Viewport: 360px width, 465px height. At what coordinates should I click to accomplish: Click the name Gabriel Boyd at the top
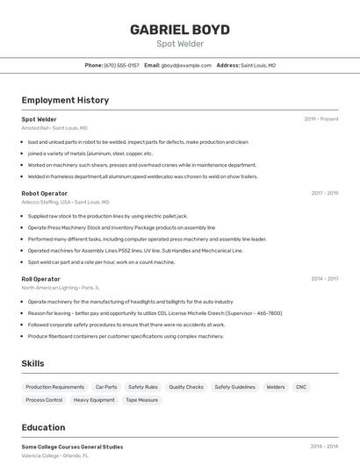coord(180,29)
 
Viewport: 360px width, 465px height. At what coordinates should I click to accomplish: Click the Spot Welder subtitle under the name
coord(180,43)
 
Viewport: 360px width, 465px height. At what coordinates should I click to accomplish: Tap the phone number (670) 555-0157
coord(121,65)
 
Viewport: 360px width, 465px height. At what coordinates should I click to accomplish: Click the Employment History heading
coord(65,100)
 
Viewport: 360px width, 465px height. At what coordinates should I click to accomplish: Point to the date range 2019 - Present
coord(321,119)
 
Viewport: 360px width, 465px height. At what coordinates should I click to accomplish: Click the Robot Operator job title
coord(44,193)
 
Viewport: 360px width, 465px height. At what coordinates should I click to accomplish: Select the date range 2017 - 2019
coord(324,193)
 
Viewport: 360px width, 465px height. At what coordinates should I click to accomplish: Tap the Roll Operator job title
coord(40,279)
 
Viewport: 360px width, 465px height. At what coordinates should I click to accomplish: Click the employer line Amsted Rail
coord(35,128)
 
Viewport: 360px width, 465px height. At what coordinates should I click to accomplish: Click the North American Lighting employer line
coord(49,288)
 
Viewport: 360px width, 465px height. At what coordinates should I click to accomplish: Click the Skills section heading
coord(33,363)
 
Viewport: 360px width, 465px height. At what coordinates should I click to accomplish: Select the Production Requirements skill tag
coord(55,387)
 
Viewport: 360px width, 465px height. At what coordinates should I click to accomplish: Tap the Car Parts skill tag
coord(106,387)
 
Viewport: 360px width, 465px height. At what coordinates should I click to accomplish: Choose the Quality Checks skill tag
coord(186,387)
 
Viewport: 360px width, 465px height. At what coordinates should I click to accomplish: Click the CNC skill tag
coord(301,387)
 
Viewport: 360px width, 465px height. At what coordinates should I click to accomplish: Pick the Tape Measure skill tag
coord(142,400)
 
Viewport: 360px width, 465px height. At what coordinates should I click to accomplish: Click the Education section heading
coord(43,427)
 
